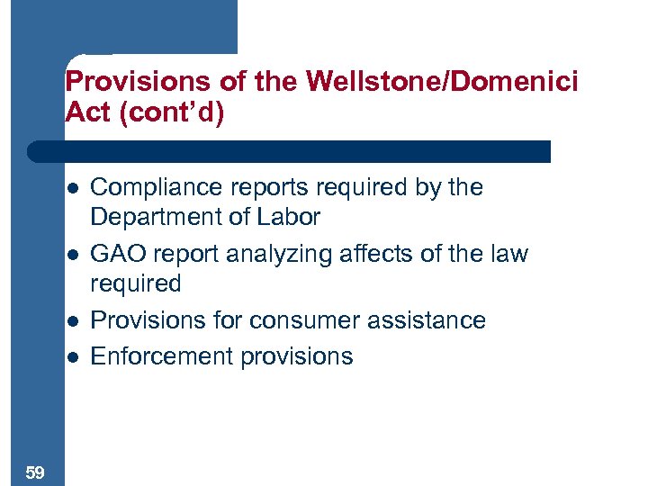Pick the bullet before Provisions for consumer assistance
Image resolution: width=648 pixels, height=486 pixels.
[x=72, y=321]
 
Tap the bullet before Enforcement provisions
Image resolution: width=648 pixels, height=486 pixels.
[x=72, y=357]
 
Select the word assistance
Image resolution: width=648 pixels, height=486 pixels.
[x=427, y=320]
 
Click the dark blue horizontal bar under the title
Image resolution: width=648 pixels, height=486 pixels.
[x=288, y=151]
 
